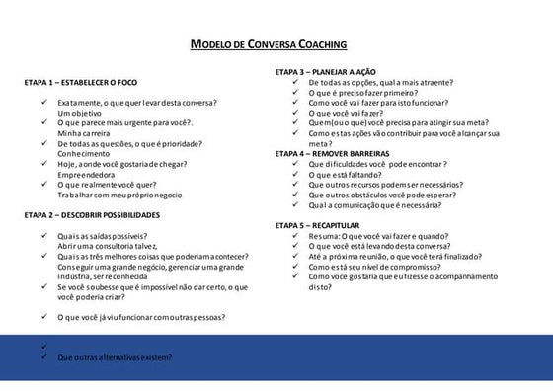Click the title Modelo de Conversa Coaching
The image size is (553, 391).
click(x=268, y=44)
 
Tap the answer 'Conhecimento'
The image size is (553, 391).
click(x=86, y=153)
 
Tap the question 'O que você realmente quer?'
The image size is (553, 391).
click(x=107, y=184)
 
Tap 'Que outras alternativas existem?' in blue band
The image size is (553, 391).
click(x=115, y=357)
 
